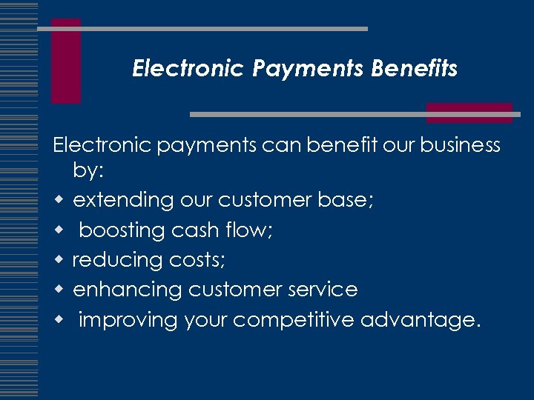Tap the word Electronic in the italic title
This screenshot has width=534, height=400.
[188, 69]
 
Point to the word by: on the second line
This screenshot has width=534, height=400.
[88, 171]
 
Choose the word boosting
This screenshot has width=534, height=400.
[122, 230]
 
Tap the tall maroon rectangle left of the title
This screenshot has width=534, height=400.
[66, 61]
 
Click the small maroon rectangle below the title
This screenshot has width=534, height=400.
[469, 113]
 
